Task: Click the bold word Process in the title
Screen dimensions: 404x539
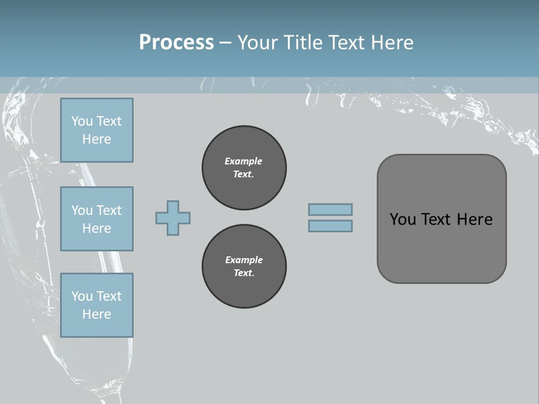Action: (176, 43)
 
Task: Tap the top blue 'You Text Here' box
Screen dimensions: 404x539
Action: (97, 130)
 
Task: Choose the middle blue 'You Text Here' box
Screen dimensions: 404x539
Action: (97, 219)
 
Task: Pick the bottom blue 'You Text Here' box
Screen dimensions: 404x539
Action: (97, 305)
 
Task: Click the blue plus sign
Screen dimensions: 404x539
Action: (173, 218)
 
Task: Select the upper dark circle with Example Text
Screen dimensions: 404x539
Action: (244, 167)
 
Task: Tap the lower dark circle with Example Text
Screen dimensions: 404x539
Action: (244, 267)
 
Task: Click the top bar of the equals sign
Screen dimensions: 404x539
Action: (330, 210)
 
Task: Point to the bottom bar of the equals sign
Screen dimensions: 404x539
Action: (330, 226)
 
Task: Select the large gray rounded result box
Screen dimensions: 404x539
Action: (441, 219)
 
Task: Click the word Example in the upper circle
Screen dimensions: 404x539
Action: (244, 161)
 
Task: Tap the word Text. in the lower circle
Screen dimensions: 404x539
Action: (244, 273)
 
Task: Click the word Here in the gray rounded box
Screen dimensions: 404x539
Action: (474, 219)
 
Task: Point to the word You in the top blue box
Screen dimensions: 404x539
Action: (81, 121)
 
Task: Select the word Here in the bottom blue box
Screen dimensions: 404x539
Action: (97, 314)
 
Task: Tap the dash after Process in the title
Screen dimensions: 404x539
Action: (226, 43)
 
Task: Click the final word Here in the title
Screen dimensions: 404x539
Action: (393, 43)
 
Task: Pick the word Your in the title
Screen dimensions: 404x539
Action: (258, 43)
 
